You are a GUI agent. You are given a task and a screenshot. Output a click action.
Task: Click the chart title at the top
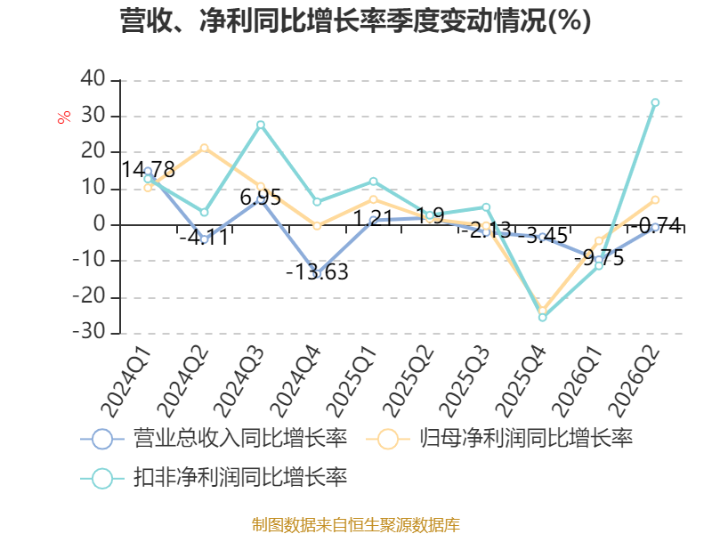pos(355,20)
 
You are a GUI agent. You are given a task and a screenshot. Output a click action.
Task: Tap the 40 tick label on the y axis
pos(93,78)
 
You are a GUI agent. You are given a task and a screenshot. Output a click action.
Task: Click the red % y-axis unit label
pos(64,117)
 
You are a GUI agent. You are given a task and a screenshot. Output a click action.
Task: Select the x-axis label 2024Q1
pos(125,382)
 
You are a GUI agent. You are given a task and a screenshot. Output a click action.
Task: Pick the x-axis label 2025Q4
pos(521,382)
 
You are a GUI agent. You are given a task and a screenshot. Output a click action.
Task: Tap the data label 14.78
pos(148,170)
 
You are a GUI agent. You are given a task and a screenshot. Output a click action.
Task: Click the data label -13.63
pos(317,272)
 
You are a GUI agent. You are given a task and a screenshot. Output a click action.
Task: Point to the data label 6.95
pos(261,197)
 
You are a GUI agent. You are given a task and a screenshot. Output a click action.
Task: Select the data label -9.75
pos(599,258)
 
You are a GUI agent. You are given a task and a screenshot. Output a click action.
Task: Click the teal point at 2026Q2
pos(655,102)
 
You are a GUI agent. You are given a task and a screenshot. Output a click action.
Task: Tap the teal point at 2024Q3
pos(261,125)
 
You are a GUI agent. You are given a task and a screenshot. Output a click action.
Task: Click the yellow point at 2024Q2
pos(205,148)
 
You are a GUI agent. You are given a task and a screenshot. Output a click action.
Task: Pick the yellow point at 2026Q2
pos(655,199)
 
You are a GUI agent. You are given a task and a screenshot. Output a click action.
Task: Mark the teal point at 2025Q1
pos(373,182)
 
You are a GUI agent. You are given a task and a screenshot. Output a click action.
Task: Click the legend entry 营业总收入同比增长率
pos(214,439)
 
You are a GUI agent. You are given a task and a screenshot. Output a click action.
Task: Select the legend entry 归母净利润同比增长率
pos(499,439)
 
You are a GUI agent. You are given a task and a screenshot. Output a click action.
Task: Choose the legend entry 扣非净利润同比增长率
pos(214,478)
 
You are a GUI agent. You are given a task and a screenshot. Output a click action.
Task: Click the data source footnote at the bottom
pos(356,525)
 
